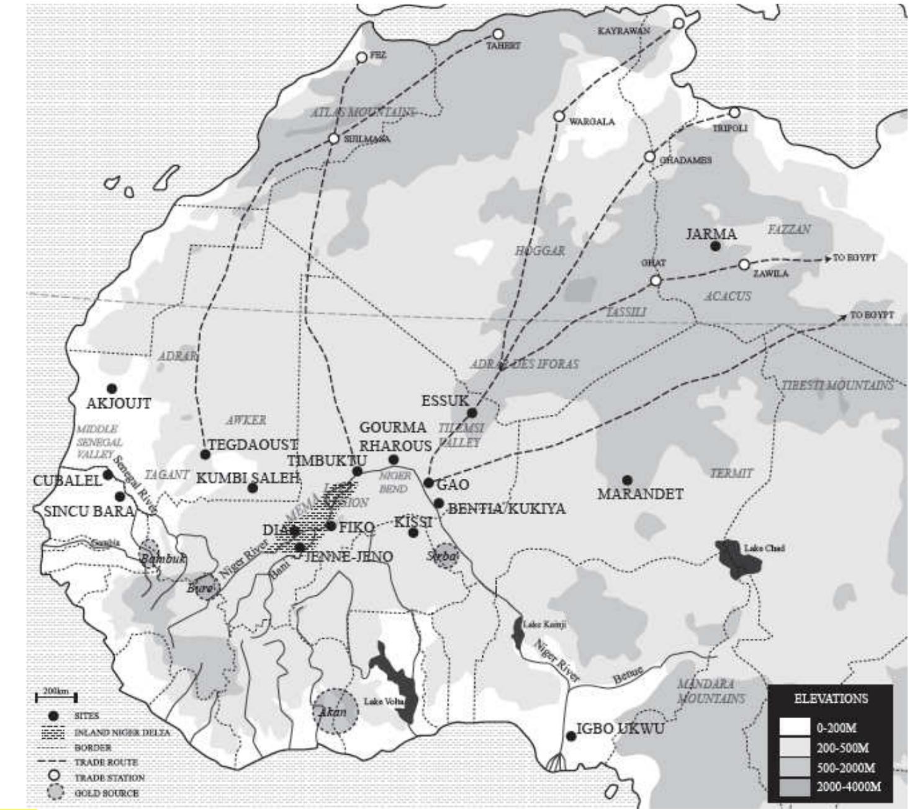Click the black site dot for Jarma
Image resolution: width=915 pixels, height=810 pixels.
[715, 246]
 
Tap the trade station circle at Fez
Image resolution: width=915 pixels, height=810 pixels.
[362, 58]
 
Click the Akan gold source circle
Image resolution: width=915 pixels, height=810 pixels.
[335, 711]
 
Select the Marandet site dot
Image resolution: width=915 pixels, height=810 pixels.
[627, 480]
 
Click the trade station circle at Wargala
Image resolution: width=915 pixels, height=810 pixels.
[559, 117]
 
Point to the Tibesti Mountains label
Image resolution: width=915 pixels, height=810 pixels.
[837, 385]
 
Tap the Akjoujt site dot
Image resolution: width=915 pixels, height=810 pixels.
[112, 389]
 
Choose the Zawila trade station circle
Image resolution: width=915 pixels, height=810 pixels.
[744, 265]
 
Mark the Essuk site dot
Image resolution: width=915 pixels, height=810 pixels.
[472, 413]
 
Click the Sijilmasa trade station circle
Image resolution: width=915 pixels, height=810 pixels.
[334, 138]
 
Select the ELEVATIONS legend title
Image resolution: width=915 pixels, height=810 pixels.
[831, 699]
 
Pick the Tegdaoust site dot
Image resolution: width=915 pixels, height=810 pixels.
[205, 455]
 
